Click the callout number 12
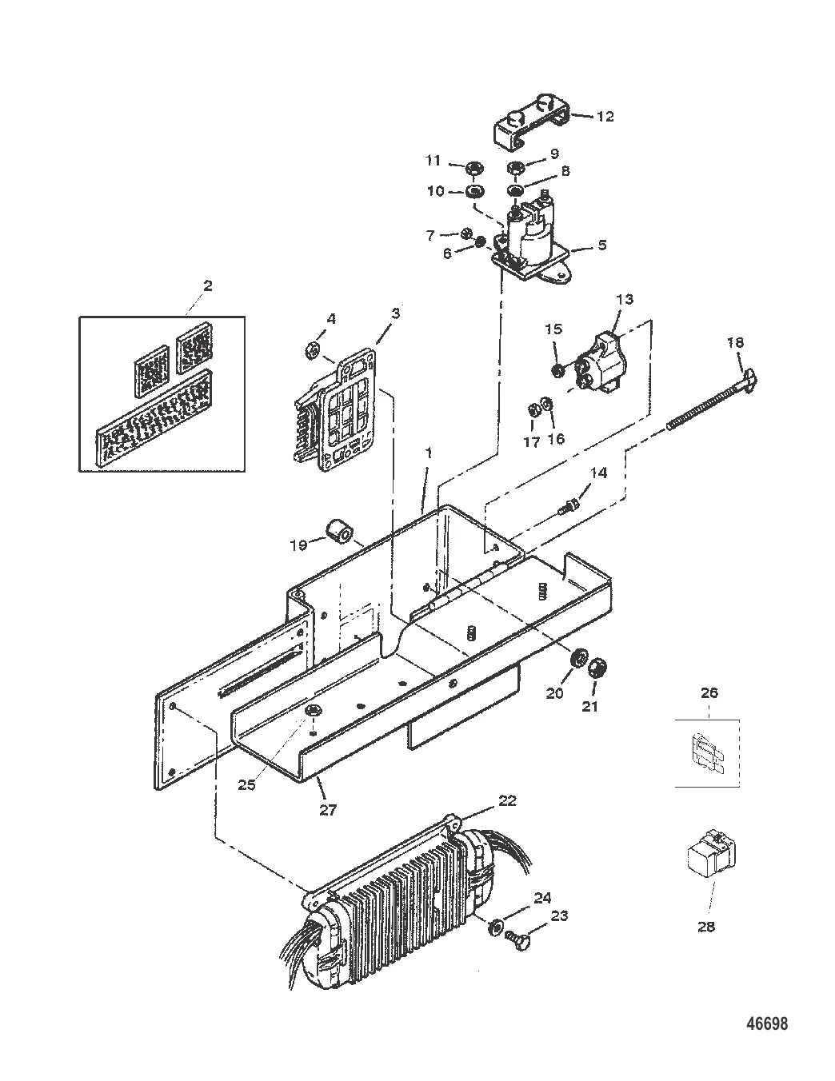(x=605, y=117)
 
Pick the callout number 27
(x=328, y=810)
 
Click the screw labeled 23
(x=514, y=943)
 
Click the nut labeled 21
(x=595, y=670)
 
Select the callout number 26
(x=709, y=692)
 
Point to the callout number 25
(x=246, y=785)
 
